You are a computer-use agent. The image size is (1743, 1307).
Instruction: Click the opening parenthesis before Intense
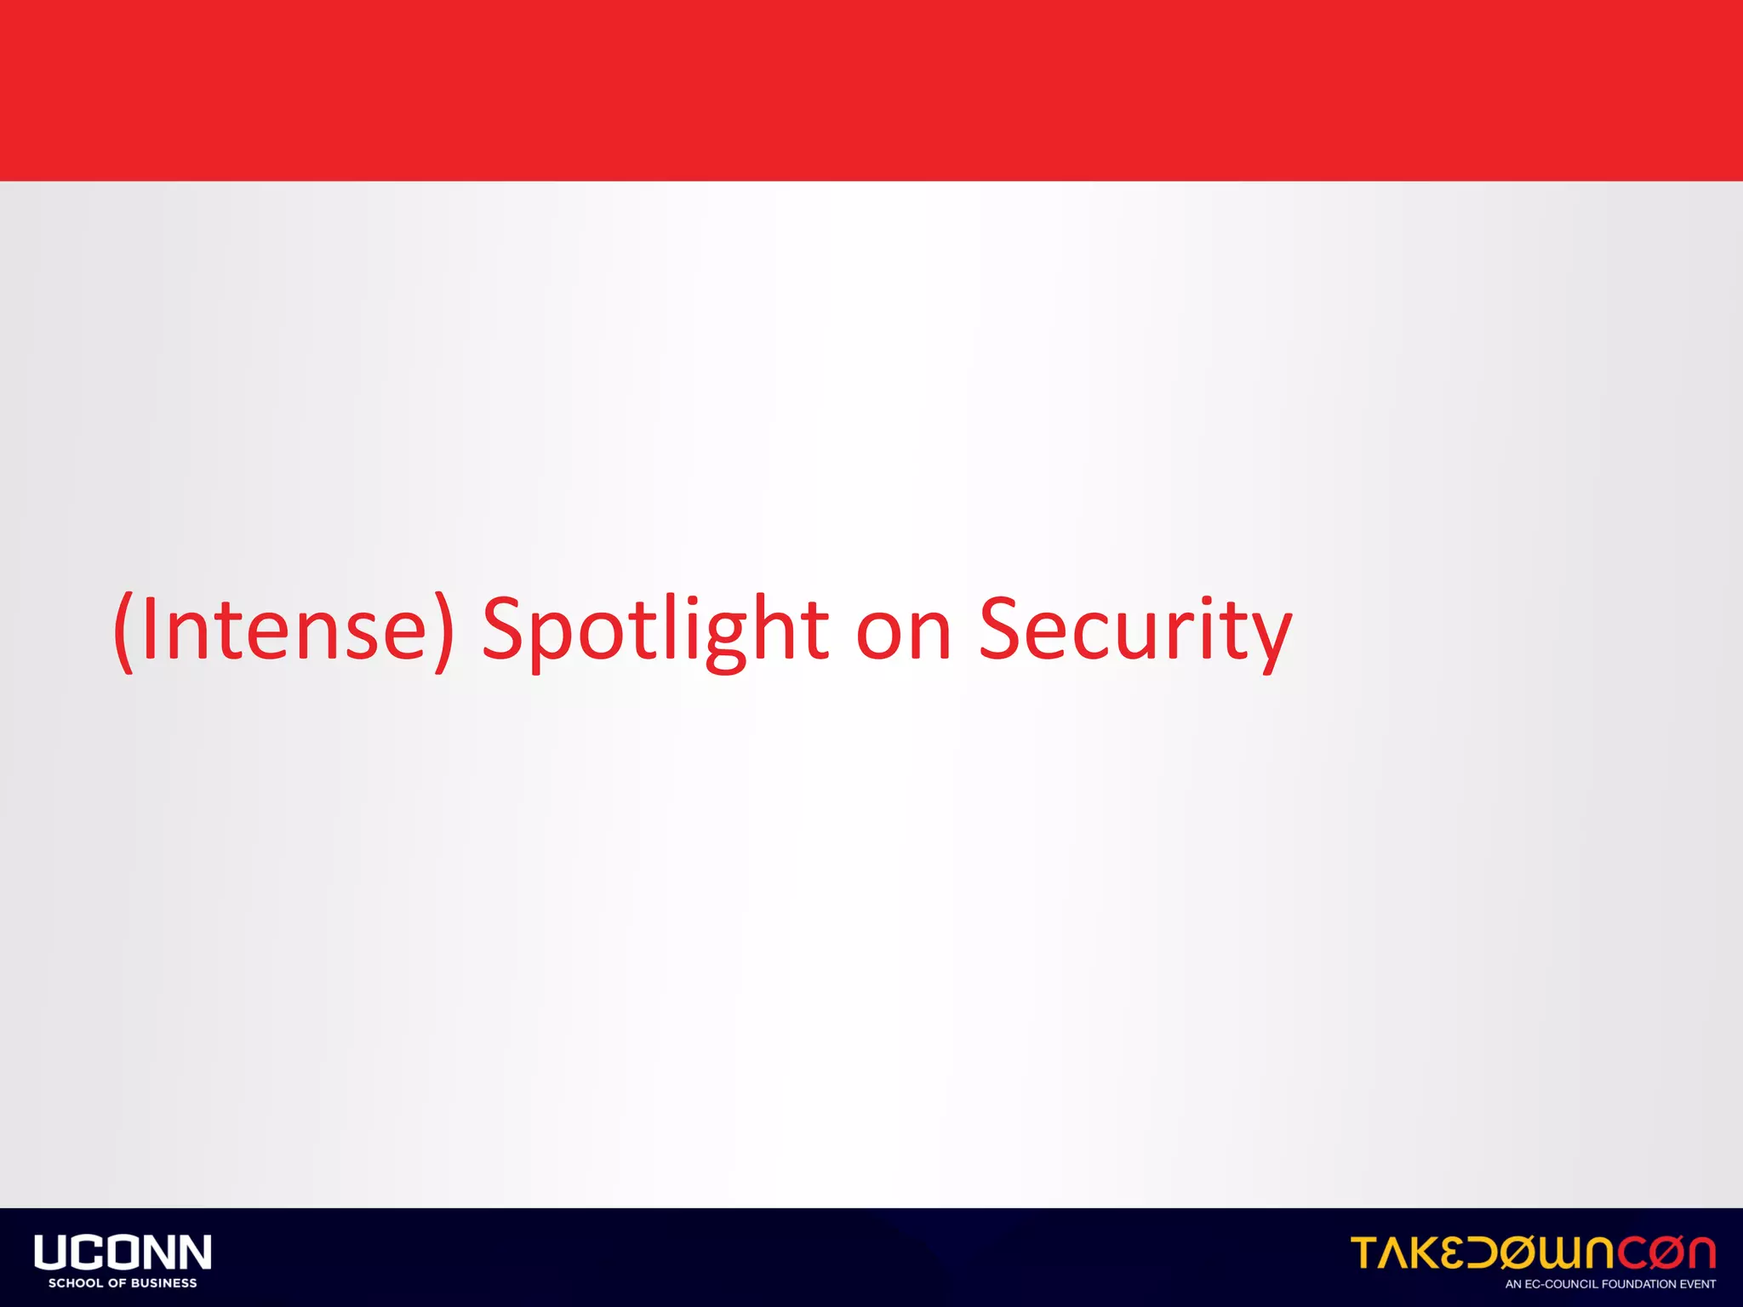[x=124, y=631]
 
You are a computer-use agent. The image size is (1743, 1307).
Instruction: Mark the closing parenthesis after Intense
[x=443, y=631]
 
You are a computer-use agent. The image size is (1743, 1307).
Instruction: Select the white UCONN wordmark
[x=123, y=1253]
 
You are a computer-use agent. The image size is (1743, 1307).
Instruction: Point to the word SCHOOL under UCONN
[x=75, y=1283]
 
